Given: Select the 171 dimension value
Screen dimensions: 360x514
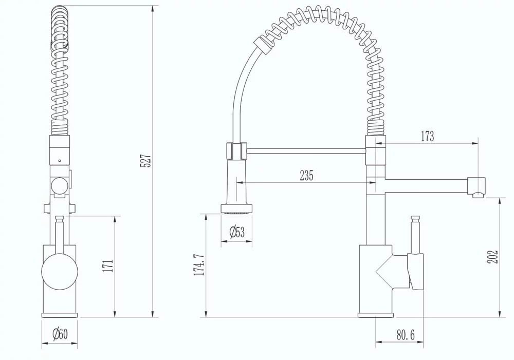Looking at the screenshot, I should tap(107, 266).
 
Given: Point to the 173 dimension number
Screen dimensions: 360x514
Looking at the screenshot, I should tap(427, 136).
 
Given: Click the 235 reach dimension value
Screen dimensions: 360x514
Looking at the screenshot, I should tap(306, 176).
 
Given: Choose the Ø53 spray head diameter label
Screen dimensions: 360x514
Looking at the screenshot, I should tap(237, 232).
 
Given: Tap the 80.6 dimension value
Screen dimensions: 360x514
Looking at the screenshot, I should tap(409, 335).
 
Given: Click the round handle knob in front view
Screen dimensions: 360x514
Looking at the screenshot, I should tap(60, 271).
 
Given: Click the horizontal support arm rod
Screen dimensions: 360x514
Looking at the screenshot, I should tap(306, 150).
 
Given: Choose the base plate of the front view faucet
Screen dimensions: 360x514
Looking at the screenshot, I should tap(60, 315).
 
